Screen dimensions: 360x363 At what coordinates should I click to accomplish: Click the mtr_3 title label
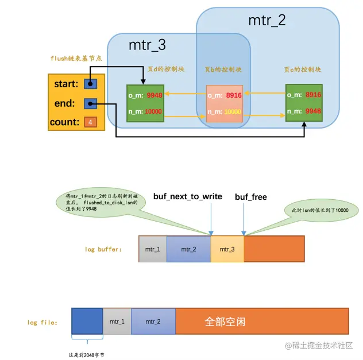click(147, 44)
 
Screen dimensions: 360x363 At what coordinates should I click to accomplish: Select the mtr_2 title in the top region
click(267, 21)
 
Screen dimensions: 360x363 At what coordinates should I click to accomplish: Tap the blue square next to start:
click(90, 84)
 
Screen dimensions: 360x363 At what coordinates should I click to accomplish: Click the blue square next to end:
click(90, 103)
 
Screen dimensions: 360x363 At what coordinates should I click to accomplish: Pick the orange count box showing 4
click(90, 122)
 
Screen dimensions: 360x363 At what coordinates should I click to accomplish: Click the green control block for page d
click(145, 103)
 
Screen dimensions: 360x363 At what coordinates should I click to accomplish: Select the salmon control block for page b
click(225, 103)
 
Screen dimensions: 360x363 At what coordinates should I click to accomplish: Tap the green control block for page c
click(304, 103)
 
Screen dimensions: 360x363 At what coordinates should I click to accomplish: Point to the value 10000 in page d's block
click(153, 111)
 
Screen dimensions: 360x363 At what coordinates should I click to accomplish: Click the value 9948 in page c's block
click(313, 111)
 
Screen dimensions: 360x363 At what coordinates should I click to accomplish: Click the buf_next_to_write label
click(187, 196)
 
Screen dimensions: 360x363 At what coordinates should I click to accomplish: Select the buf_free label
click(251, 197)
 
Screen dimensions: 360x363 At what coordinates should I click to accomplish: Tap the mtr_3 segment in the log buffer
click(227, 249)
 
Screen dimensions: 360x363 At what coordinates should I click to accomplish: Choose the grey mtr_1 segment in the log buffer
click(153, 249)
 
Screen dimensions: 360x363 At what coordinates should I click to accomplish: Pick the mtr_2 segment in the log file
click(153, 322)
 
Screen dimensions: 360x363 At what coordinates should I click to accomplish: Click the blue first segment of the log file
click(87, 322)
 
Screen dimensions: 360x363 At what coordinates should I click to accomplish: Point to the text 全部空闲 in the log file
click(225, 322)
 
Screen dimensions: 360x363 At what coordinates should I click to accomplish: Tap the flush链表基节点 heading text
click(75, 59)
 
